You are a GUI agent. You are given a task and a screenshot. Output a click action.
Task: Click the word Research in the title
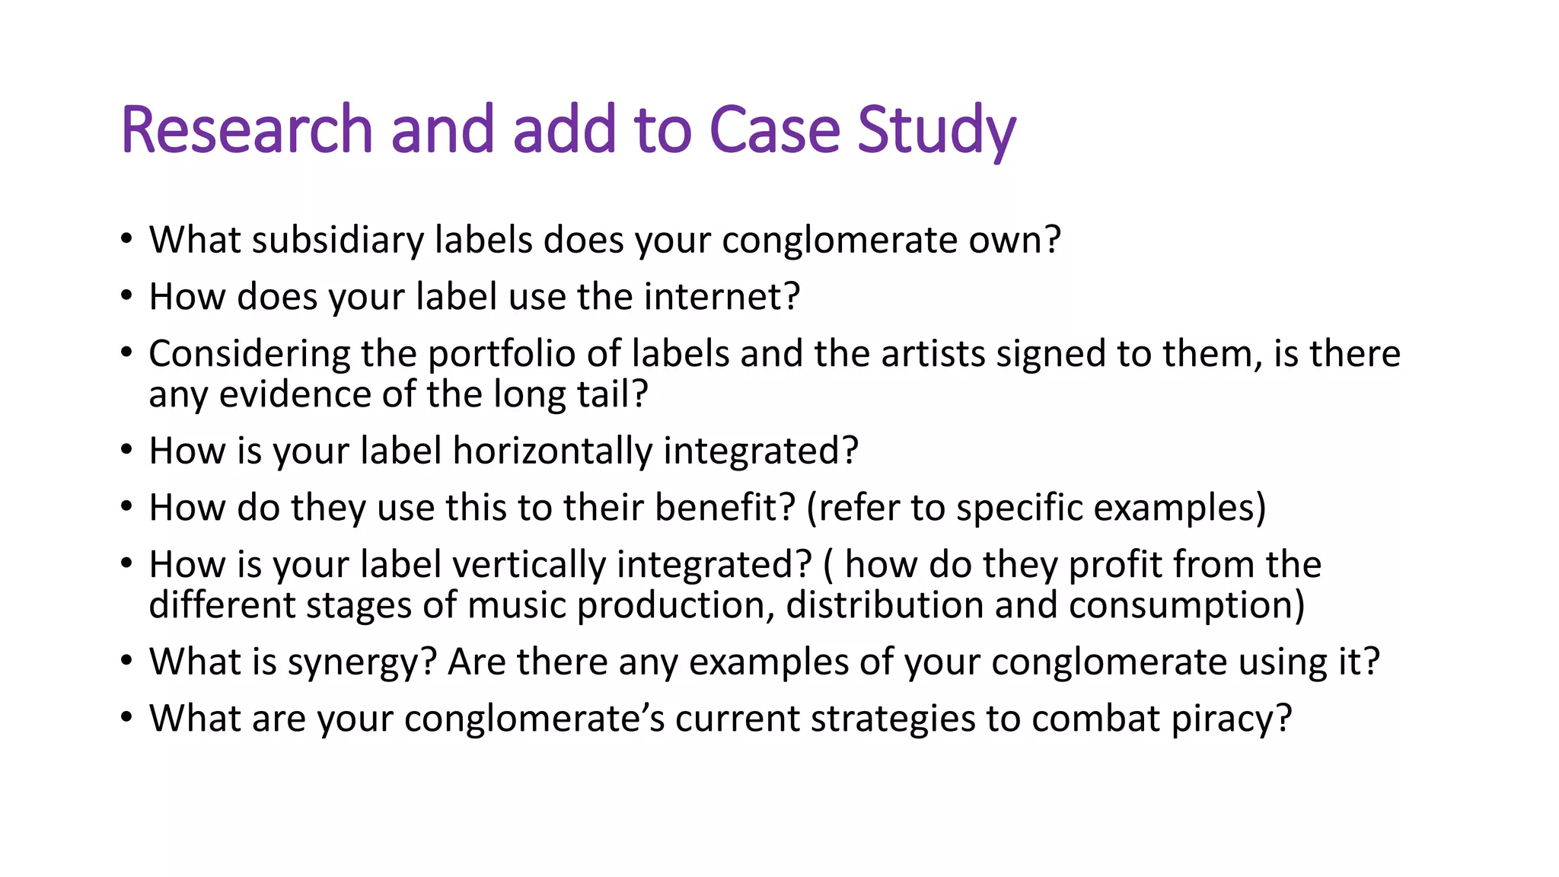coord(246,129)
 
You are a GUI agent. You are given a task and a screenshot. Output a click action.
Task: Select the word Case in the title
coord(774,129)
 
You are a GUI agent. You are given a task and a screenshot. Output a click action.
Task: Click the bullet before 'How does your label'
coord(126,297)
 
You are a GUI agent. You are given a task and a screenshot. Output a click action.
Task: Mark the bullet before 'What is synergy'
coord(126,661)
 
